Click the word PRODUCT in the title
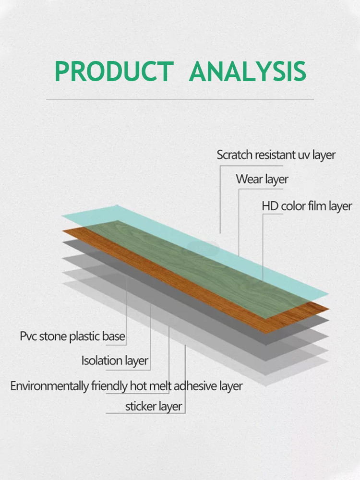[x=115, y=71]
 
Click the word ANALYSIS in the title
[x=248, y=71]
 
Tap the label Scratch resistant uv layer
[x=276, y=155]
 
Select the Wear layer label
[x=262, y=180]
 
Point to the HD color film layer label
[x=307, y=206]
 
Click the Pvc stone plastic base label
[x=72, y=336]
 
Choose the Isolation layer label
[x=115, y=361]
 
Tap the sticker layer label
[x=154, y=407]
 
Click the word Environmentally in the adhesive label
[x=49, y=386]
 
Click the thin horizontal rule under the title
[x=180, y=99]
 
